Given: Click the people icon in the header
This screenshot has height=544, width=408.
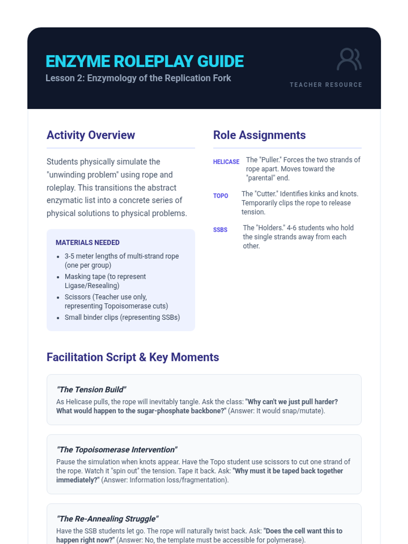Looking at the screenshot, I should pyautogui.click(x=349, y=60).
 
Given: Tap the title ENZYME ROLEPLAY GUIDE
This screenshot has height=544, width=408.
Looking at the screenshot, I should pyautogui.click(x=144, y=62).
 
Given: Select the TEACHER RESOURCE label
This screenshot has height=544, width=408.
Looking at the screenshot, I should pyautogui.click(x=326, y=85).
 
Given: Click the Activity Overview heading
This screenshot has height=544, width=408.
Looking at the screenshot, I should pyautogui.click(x=91, y=135).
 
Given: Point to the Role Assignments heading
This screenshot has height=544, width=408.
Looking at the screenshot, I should pyautogui.click(x=259, y=135).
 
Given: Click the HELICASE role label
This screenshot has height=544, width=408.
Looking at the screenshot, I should pyautogui.click(x=226, y=162).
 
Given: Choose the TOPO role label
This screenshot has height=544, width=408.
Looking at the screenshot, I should pyautogui.click(x=220, y=196).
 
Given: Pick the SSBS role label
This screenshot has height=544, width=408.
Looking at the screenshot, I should pyautogui.click(x=220, y=230).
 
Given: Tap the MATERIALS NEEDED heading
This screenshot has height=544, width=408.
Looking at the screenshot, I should pyautogui.click(x=87, y=242).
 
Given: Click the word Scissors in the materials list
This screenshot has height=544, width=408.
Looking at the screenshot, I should pyautogui.click(x=78, y=297).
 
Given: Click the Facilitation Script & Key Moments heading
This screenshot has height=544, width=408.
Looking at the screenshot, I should pyautogui.click(x=133, y=357).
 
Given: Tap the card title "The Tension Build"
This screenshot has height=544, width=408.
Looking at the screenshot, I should pyautogui.click(x=91, y=389).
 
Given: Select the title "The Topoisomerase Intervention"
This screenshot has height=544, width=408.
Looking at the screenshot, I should pyautogui.click(x=117, y=449).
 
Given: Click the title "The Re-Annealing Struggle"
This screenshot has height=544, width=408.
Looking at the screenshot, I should pyautogui.click(x=107, y=518).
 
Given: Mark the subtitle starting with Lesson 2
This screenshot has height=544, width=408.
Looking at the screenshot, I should pyautogui.click(x=138, y=78).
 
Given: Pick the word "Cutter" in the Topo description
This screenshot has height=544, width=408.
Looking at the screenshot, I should pyautogui.click(x=266, y=194).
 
